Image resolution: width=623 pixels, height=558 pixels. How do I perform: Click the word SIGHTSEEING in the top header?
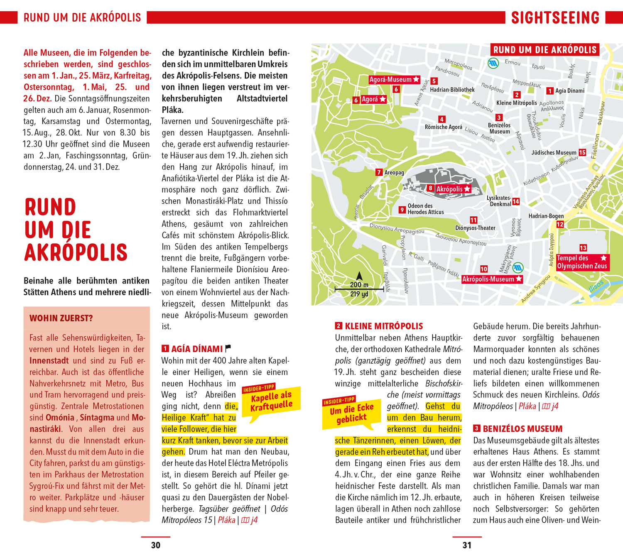(555, 18)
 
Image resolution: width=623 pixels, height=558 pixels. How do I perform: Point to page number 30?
(156, 545)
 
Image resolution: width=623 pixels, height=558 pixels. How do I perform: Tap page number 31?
(467, 545)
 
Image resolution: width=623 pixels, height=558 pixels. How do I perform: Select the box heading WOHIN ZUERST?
(61, 318)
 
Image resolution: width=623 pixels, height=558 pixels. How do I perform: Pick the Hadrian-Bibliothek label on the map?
(452, 90)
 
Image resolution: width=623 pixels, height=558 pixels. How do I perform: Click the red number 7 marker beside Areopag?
(379, 172)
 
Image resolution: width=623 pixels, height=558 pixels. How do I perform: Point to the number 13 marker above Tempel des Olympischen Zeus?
(583, 248)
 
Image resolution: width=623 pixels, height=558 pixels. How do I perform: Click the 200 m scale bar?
(359, 289)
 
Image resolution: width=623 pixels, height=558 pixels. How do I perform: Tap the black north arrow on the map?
(359, 276)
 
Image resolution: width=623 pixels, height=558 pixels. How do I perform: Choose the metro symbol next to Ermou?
(493, 64)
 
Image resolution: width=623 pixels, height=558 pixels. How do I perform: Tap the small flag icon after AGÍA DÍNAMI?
(228, 348)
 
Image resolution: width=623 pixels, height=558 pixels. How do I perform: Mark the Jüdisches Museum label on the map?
(554, 153)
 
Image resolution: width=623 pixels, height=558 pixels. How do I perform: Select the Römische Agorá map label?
(443, 127)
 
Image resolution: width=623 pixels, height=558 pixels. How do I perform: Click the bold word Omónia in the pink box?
(60, 418)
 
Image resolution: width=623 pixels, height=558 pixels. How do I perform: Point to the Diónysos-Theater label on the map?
(475, 228)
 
